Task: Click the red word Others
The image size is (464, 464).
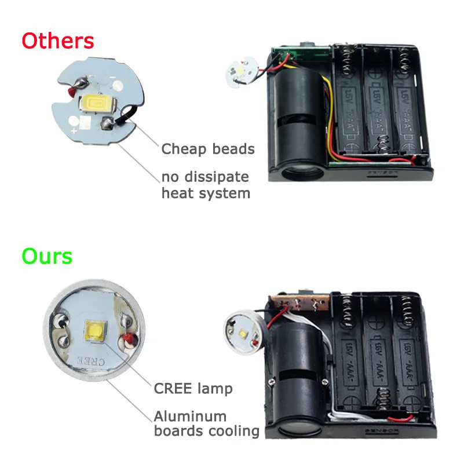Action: click(x=57, y=41)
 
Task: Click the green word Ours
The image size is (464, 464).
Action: click(x=47, y=255)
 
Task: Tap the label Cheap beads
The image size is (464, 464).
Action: click(x=208, y=149)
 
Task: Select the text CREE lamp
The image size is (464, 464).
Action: click(x=193, y=388)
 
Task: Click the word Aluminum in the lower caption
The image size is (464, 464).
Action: click(x=190, y=416)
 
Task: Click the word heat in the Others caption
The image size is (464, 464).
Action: click(x=178, y=193)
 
